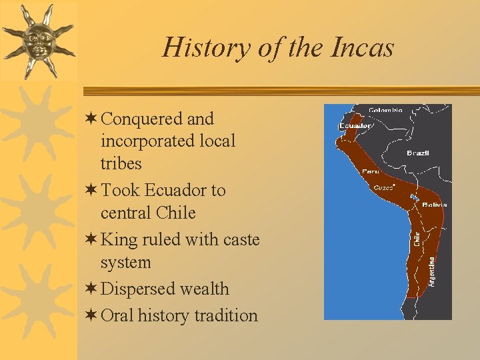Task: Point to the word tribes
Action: (x=121, y=163)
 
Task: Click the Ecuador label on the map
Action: (x=355, y=125)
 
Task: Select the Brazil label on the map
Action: (x=418, y=153)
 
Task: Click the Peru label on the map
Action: (x=370, y=171)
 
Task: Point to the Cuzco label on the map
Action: (x=383, y=187)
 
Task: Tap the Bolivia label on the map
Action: (x=434, y=205)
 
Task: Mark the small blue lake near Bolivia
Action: (x=414, y=197)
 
